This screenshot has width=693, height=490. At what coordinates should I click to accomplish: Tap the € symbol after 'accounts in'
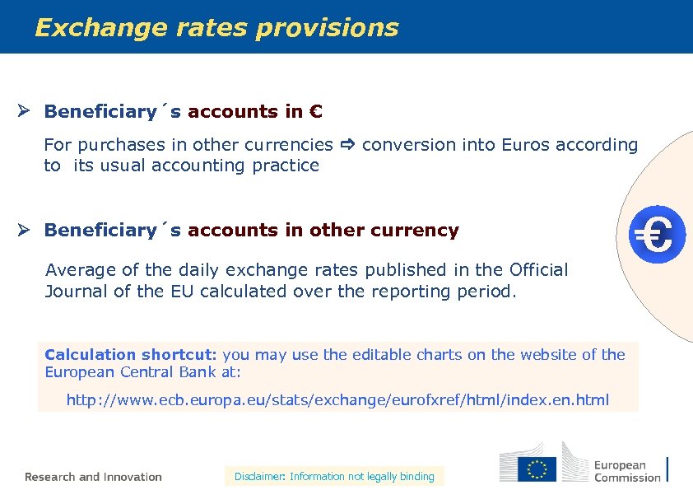[x=316, y=111]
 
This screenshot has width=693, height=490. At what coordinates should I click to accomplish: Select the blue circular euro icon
[x=658, y=236]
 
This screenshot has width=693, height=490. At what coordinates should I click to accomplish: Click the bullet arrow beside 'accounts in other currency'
[x=26, y=231]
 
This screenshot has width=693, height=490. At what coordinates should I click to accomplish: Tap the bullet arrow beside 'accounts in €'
[x=26, y=111]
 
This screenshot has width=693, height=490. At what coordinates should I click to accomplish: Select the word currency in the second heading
[x=416, y=231]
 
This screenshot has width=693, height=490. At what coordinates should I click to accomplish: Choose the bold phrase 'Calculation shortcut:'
[x=130, y=355]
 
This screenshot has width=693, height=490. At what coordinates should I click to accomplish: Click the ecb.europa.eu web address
[x=337, y=400]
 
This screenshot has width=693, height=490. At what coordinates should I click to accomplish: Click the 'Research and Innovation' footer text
[x=93, y=477]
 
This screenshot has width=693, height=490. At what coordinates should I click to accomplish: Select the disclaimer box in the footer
[x=334, y=476]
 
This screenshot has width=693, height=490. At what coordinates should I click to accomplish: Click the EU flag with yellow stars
[x=537, y=469]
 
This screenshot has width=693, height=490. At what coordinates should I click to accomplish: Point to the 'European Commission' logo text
[x=627, y=471]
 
